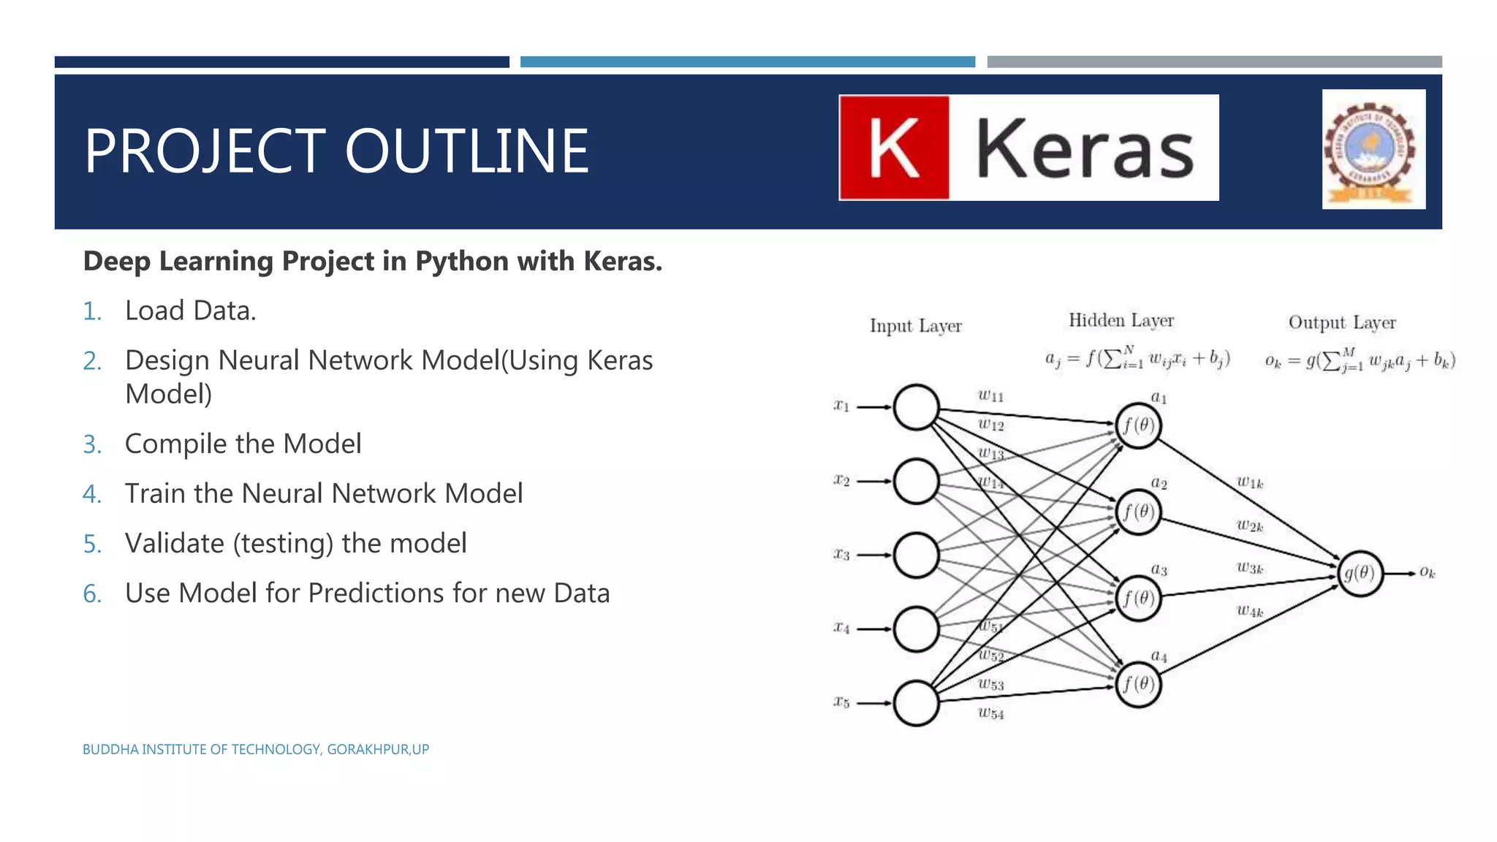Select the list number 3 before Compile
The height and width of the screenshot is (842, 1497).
92,444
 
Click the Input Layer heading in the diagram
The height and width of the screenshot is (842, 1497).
915,326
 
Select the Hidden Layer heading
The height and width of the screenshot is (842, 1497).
1121,320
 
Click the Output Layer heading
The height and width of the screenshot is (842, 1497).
1341,322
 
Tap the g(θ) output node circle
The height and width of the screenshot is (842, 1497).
1360,574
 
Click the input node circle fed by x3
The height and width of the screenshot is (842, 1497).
916,555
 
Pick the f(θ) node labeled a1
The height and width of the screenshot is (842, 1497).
1138,425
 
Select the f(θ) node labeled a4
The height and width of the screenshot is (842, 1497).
1138,684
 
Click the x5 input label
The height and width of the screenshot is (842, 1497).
841,702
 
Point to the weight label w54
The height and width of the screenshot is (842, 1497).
990,713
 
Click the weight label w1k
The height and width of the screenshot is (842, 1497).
1249,482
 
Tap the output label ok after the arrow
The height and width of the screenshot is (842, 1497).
1427,572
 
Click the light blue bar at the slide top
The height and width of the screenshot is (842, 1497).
747,62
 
